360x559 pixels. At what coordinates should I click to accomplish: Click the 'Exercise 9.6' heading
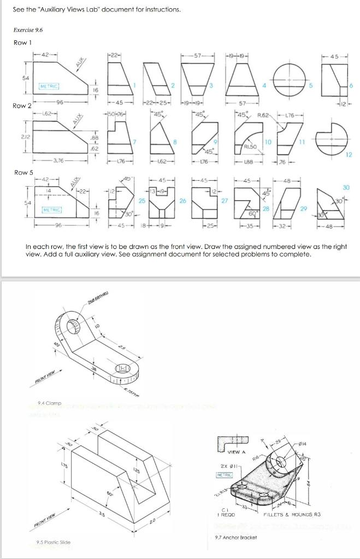[28, 30]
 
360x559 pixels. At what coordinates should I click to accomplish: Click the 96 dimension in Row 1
[59, 102]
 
